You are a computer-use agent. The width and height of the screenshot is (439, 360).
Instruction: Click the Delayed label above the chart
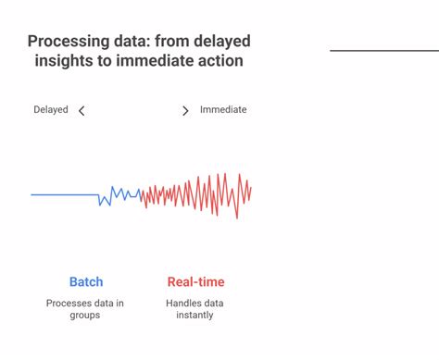(x=51, y=109)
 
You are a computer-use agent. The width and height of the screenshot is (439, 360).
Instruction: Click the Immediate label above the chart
(x=223, y=109)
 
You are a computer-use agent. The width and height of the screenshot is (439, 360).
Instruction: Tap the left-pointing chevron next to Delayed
(x=82, y=111)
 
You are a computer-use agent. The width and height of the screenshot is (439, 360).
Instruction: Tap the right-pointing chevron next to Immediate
(x=185, y=111)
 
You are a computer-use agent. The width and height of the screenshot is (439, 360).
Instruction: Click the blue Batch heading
(x=86, y=282)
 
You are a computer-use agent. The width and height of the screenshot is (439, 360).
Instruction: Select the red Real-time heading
(x=195, y=282)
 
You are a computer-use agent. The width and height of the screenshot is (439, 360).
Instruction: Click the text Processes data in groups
(x=85, y=309)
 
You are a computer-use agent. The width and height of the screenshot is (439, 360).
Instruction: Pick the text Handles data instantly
(x=194, y=309)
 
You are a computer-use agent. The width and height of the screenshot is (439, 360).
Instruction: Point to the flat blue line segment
(x=65, y=194)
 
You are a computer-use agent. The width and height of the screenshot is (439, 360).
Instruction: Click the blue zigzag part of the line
(x=119, y=194)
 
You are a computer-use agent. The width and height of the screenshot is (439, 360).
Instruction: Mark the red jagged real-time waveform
(x=199, y=193)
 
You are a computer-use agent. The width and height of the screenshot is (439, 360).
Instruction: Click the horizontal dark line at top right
(x=383, y=50)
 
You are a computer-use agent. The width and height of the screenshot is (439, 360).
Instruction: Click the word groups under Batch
(x=85, y=316)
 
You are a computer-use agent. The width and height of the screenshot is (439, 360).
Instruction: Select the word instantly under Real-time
(x=194, y=316)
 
